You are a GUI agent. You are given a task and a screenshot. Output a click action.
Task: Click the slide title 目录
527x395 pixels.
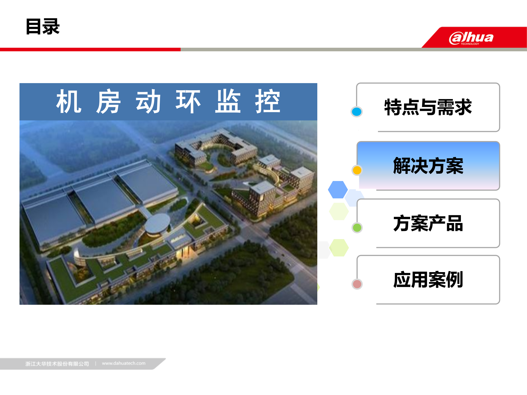point(43,27)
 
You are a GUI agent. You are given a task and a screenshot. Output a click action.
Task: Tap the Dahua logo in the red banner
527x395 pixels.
point(471,38)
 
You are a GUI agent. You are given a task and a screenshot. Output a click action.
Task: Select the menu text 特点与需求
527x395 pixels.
point(428,107)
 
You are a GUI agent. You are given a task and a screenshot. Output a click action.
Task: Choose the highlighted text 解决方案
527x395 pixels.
point(428,166)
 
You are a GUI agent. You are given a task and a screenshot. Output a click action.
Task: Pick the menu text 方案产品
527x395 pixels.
point(428,223)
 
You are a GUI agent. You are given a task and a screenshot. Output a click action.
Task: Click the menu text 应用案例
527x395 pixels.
point(428,280)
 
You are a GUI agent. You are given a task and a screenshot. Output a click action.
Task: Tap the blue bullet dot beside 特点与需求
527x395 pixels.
point(357,112)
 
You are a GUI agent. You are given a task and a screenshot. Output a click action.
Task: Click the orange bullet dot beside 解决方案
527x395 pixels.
point(357,170)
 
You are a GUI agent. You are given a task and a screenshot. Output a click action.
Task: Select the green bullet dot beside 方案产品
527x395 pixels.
point(357,228)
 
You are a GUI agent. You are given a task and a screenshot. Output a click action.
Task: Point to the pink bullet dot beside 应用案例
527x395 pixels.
point(357,284)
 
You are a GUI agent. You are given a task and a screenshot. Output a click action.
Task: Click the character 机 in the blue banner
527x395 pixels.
point(69,102)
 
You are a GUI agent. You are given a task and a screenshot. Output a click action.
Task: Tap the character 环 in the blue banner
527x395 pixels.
point(188,102)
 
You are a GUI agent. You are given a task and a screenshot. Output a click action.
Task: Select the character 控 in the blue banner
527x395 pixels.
point(268,102)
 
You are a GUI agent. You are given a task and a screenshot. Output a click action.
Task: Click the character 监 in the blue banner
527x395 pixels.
point(228,102)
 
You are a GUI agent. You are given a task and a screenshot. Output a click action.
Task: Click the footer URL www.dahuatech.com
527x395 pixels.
point(124,363)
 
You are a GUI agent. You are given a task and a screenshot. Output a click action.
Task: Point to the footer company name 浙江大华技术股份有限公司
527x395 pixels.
point(57,364)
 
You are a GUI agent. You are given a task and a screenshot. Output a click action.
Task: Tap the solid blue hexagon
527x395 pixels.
point(338,190)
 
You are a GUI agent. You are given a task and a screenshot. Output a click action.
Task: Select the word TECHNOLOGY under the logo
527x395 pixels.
point(470,44)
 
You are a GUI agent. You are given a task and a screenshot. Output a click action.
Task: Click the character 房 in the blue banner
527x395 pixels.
point(108,102)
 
